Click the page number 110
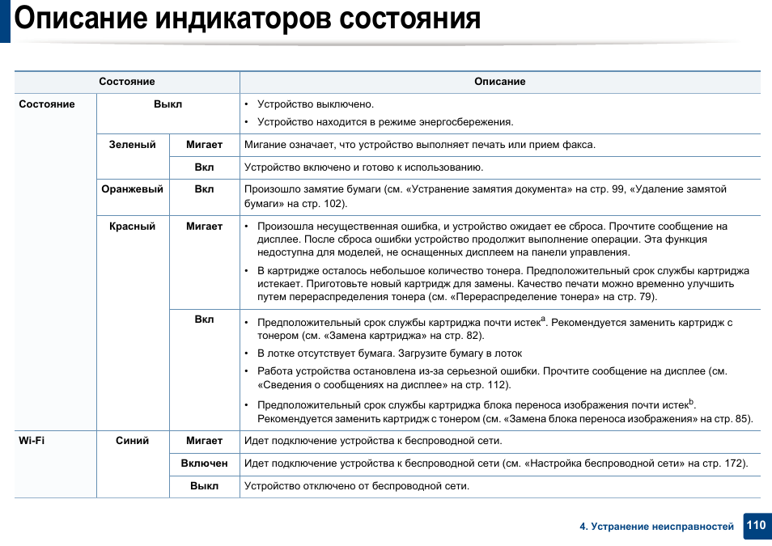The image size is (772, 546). (756, 525)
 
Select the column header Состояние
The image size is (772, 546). (127, 82)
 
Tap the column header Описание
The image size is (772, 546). (499, 82)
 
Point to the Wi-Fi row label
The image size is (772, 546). (32, 441)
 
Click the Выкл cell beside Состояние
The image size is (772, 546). (168, 104)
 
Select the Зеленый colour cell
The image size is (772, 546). (133, 145)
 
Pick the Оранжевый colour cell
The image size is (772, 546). (132, 189)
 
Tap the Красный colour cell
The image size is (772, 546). (132, 226)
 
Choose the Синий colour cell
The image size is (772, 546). (132, 441)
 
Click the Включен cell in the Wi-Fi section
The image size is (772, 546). (204, 463)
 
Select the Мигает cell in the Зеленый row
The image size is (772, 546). (204, 145)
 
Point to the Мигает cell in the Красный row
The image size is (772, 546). (204, 226)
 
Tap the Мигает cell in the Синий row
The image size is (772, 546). (204, 441)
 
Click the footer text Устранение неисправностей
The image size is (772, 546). (661, 527)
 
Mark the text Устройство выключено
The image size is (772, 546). (315, 104)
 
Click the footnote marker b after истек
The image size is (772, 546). (691, 401)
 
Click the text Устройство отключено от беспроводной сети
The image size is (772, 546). (356, 486)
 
